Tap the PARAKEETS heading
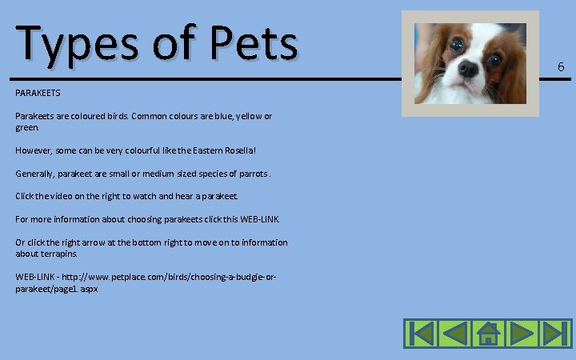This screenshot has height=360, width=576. tap(38, 94)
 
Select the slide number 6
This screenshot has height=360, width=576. tap(561, 67)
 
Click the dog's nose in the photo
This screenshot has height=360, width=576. tap(468, 70)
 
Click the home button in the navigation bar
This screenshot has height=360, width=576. tap(487, 333)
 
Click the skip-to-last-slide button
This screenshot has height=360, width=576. tap(554, 333)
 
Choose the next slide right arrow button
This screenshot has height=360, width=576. tap(521, 333)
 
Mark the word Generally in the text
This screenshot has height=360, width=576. tap(35, 174)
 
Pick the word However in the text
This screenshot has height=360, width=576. tap(34, 150)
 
